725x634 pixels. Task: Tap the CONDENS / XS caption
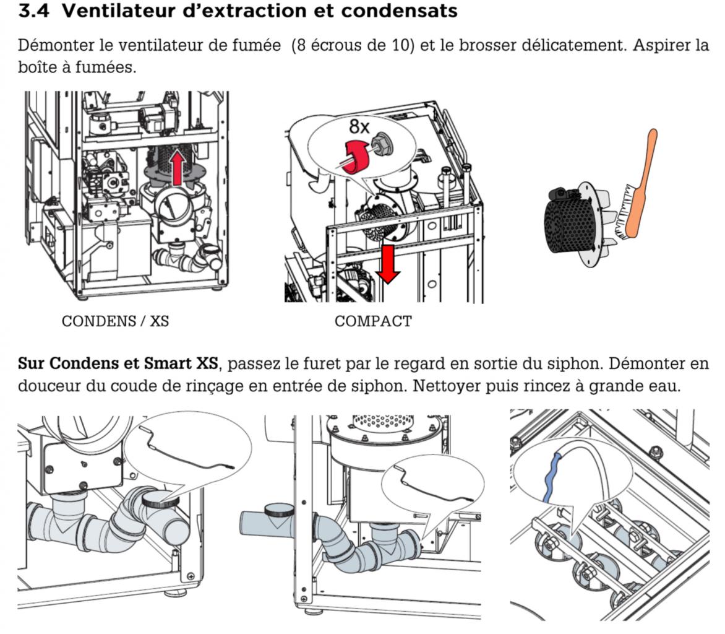pos(115,321)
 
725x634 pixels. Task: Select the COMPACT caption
pos(373,321)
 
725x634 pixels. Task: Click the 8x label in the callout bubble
pos(359,127)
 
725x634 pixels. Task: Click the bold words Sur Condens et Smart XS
pos(118,363)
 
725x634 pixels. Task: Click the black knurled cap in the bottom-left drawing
pos(160,498)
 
